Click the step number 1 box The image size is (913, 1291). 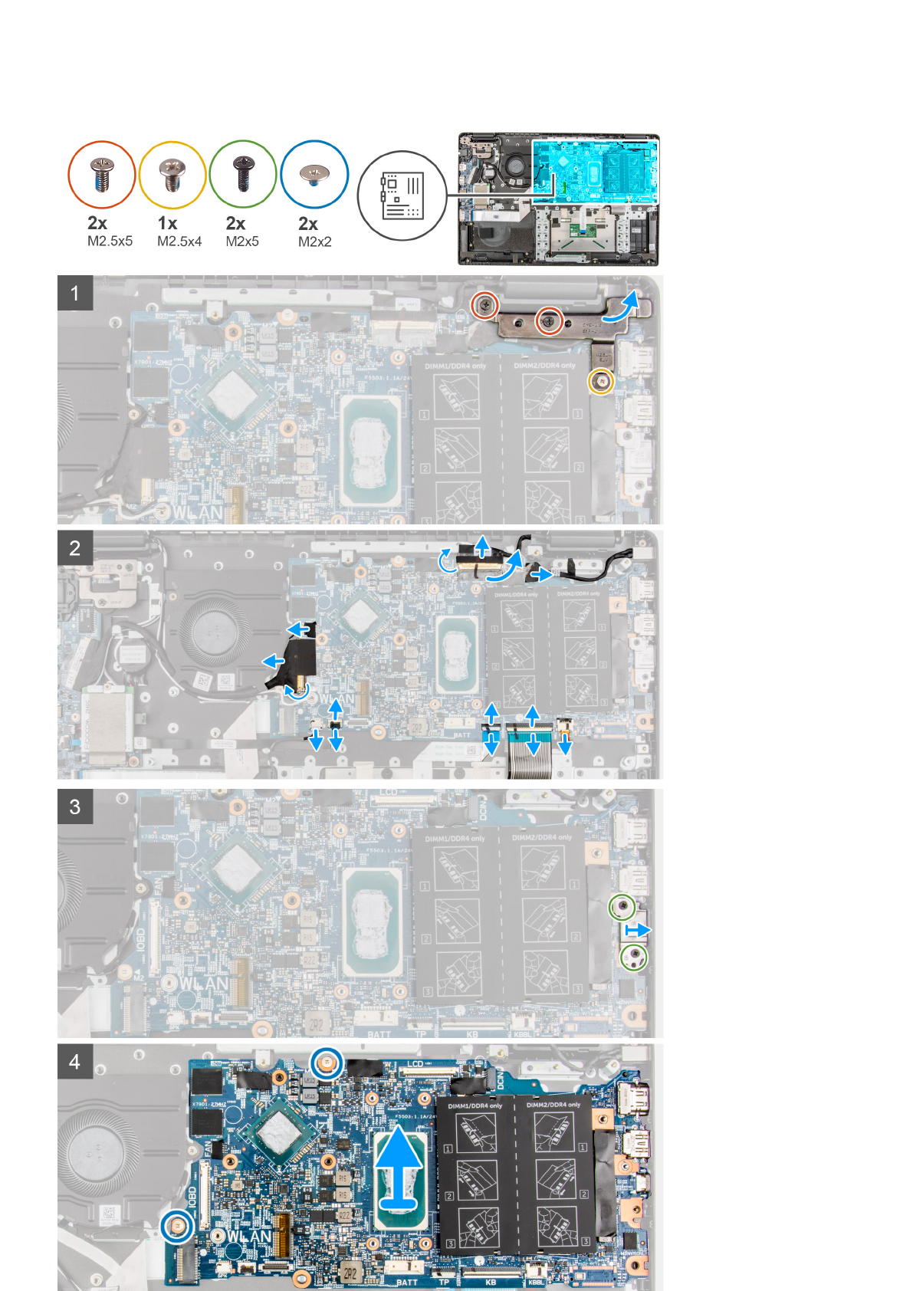75,293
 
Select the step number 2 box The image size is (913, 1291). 75,548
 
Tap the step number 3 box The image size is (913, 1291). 75,806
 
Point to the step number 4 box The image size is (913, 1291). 75,1062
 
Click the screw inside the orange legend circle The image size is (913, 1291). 102,174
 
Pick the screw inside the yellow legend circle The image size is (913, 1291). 172,174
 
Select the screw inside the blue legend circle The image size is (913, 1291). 314,174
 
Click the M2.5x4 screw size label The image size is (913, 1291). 179,241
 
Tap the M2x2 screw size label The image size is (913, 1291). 314,241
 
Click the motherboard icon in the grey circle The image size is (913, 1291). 402,195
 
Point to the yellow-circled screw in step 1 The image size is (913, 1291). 600,381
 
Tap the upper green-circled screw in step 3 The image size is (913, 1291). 622,908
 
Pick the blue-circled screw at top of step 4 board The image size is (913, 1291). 326,1063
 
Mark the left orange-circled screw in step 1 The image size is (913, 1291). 484,306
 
